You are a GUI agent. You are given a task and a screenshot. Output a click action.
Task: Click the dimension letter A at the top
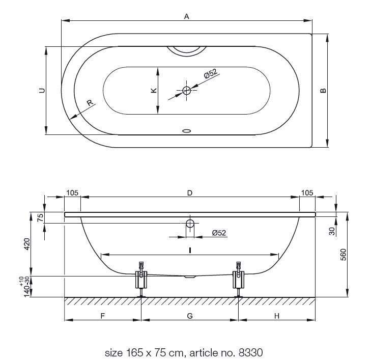[x=187, y=16]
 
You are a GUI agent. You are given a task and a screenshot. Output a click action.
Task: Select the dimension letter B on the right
[x=323, y=91]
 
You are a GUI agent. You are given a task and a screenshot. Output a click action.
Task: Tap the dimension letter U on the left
[x=42, y=91]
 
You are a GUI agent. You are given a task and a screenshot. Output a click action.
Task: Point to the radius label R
[x=90, y=103]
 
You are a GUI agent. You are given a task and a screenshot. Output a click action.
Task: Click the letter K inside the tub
[x=154, y=90]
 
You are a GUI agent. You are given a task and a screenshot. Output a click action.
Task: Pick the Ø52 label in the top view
[x=211, y=73]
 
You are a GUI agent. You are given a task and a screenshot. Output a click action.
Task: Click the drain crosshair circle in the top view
[x=187, y=91]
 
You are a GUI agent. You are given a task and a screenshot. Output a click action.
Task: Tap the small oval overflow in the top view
[x=187, y=131]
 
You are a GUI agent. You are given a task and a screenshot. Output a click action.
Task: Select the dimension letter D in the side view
[x=189, y=193]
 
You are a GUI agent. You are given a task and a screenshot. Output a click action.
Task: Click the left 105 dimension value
[x=72, y=192]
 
